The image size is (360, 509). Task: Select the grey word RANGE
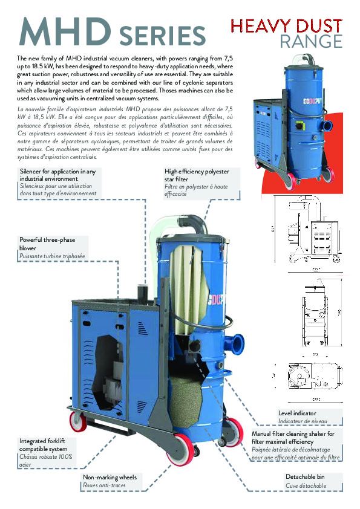[x=311, y=41]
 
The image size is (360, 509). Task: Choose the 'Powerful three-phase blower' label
[x=47, y=244]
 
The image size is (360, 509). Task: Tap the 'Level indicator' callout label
[x=301, y=413]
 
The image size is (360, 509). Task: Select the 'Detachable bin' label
[x=306, y=477]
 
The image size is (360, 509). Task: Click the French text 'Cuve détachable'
[x=306, y=485]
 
